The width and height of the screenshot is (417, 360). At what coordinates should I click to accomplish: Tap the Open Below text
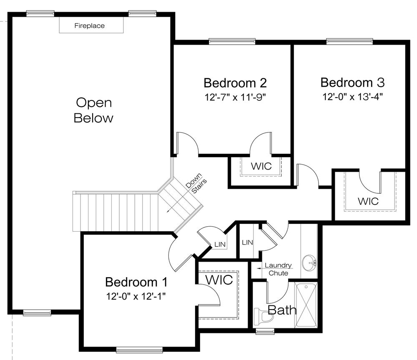coord(93,110)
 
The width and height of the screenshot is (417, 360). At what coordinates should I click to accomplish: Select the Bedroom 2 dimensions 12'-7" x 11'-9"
coord(235,97)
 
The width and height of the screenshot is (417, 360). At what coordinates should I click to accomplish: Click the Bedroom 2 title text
coord(235,82)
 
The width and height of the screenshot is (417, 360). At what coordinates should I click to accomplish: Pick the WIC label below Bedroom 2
coord(261,166)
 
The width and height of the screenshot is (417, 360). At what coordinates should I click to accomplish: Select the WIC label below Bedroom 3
coord(368,201)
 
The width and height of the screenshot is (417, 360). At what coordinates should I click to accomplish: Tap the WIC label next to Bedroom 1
coord(218,280)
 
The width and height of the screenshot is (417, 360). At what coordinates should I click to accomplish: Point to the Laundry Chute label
coord(277,269)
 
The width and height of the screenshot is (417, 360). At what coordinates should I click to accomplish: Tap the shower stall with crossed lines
coord(306,305)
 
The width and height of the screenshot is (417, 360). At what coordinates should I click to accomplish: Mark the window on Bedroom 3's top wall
coord(349,41)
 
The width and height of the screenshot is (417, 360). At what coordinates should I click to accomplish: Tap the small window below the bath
coord(264,332)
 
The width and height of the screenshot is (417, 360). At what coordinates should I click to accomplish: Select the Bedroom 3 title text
coord(352,82)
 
